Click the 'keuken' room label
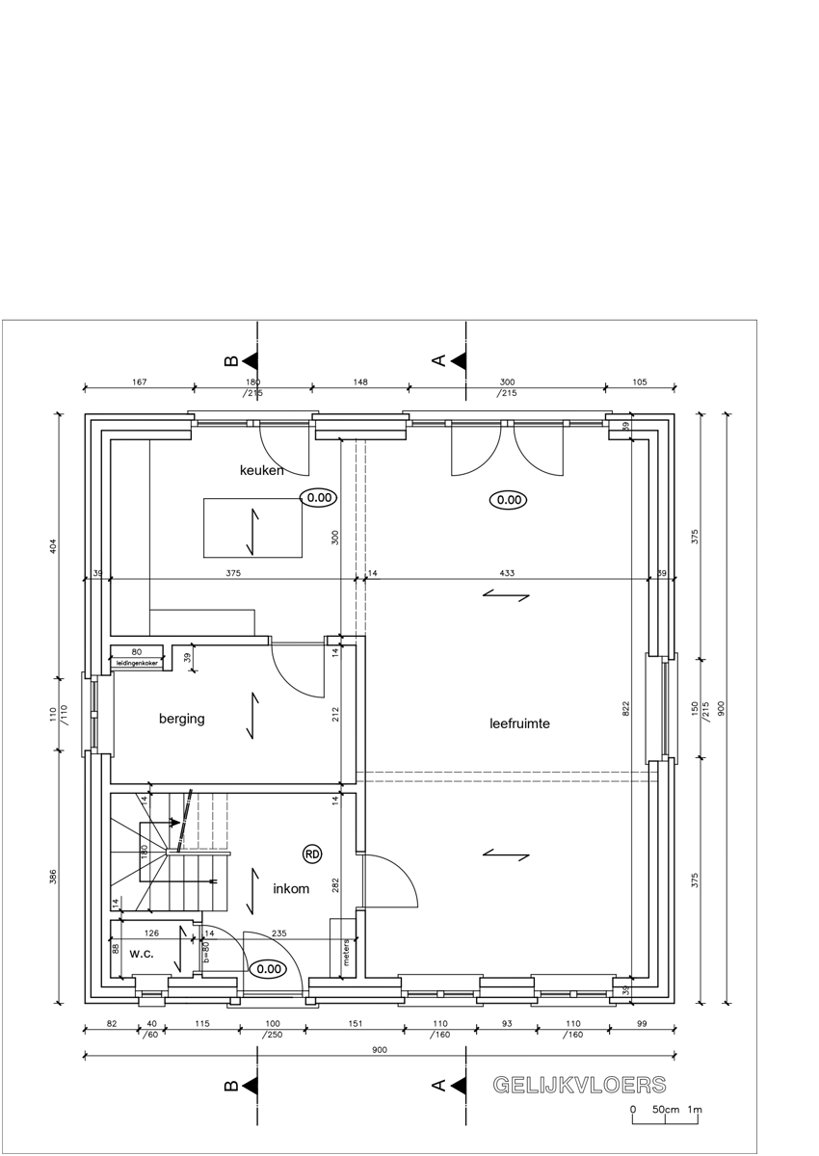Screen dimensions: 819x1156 tap(262, 470)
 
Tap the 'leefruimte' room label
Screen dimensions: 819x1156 tap(519, 723)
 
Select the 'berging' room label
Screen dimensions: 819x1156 tap(182, 719)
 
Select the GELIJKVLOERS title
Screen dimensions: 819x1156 tap(579, 1086)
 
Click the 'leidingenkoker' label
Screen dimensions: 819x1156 tap(137, 663)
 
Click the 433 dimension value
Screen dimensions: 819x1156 tap(507, 573)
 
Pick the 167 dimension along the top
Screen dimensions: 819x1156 tap(140, 381)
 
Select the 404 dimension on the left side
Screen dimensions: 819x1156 tap(53, 546)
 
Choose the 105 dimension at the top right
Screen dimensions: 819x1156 tap(640, 381)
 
